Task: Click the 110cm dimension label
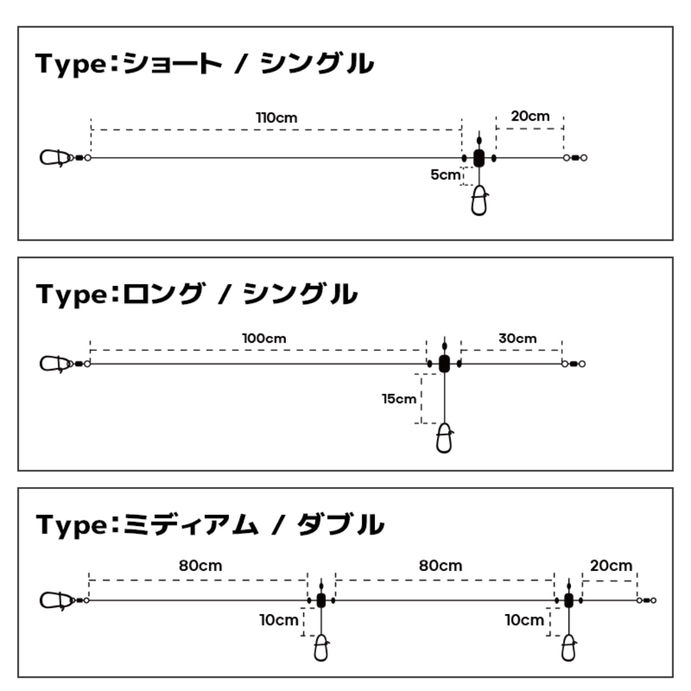(x=276, y=118)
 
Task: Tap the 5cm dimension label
(x=445, y=174)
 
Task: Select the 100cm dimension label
(x=265, y=338)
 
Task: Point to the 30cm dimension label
(x=518, y=338)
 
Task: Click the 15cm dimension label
(x=399, y=399)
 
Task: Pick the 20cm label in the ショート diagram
(x=530, y=116)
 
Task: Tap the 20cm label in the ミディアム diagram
(x=611, y=566)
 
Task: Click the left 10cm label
(x=279, y=620)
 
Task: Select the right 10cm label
(x=524, y=620)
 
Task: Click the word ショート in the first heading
(x=173, y=64)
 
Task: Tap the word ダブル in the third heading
(x=341, y=525)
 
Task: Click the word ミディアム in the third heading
(x=191, y=525)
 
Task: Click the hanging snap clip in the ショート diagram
(x=479, y=200)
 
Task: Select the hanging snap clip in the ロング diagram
(x=444, y=438)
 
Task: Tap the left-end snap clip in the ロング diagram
(x=54, y=364)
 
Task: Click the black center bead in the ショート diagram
(x=479, y=158)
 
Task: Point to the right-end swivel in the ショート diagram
(x=575, y=158)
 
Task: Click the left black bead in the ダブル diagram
(x=321, y=600)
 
